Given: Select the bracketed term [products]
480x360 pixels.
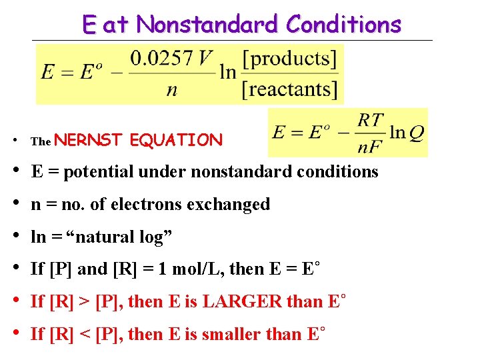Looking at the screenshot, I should click(x=289, y=59).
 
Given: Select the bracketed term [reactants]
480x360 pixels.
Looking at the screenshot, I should click(x=289, y=89).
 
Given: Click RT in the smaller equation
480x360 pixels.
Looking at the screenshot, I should click(x=371, y=119).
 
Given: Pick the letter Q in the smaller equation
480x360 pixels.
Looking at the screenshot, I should click(x=416, y=133).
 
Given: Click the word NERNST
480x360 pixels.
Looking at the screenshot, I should click(x=90, y=140).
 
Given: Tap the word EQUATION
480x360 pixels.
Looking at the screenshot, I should click(x=176, y=140).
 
